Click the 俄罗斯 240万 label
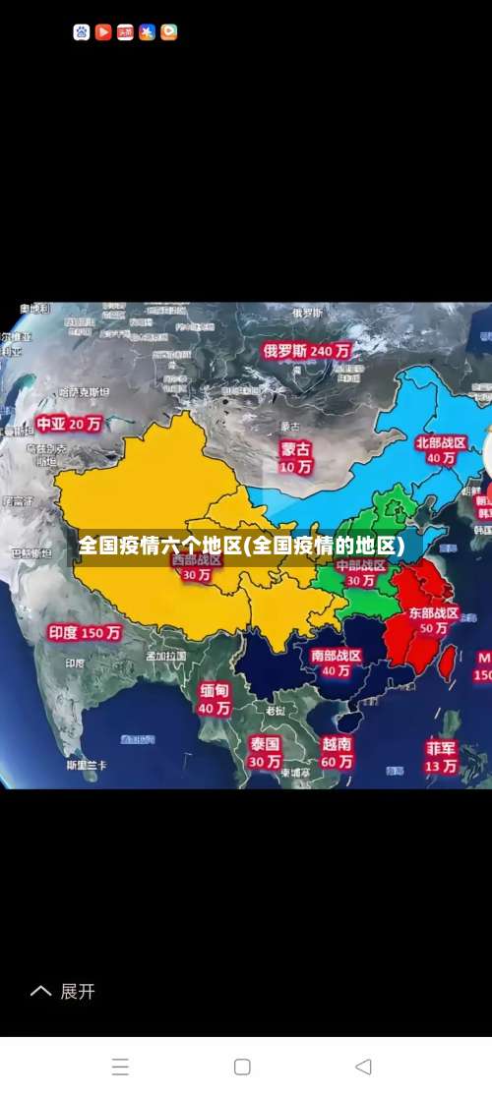(306, 350)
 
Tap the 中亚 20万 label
(70, 424)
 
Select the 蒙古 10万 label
(295, 457)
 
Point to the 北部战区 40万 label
(439, 450)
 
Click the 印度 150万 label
(86, 632)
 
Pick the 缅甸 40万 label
(215, 699)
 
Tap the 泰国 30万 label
(265, 751)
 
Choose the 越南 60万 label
(337, 752)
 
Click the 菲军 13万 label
(441, 756)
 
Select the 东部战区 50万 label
(434, 620)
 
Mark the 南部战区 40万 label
(336, 663)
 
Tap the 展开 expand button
(65, 992)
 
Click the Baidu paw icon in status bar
(82, 32)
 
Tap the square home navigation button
(242, 1067)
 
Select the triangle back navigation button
(363, 1067)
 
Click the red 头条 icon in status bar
(125, 32)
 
